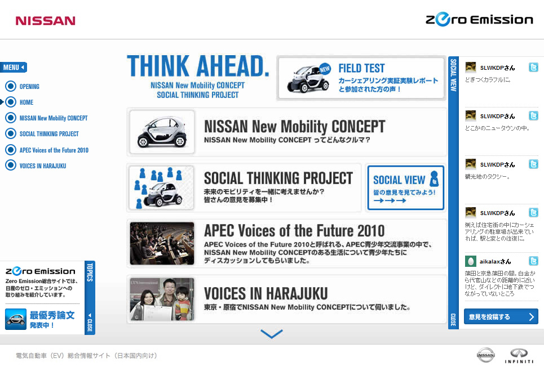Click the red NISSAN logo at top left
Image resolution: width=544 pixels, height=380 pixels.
coord(46,21)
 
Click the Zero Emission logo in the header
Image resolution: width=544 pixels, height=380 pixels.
coord(479,19)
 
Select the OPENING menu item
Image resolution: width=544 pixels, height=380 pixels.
coord(29,87)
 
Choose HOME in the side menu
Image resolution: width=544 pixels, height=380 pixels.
coord(26,102)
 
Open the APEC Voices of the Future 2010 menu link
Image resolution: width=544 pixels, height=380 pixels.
coord(54,150)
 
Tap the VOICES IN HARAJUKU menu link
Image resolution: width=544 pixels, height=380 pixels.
coord(43,166)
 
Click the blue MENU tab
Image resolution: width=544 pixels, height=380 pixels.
coord(14,67)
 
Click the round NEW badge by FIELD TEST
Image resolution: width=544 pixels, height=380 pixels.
coord(324,69)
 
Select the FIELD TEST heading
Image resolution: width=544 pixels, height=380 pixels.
coord(361,68)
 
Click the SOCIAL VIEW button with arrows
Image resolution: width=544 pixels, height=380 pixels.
coord(405,187)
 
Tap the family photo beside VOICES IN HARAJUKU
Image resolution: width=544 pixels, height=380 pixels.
coord(162,299)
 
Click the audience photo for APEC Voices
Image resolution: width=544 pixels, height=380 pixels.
coord(162,243)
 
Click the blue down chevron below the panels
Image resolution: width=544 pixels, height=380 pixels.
coord(272,334)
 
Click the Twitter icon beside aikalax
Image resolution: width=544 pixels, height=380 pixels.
coord(534,261)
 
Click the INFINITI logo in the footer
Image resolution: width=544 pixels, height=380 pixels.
coord(519,356)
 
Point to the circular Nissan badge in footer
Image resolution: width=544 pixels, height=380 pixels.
coord(486,355)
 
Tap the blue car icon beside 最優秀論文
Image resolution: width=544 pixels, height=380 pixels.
coord(16,319)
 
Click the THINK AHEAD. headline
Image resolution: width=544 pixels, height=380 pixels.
coord(198,66)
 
